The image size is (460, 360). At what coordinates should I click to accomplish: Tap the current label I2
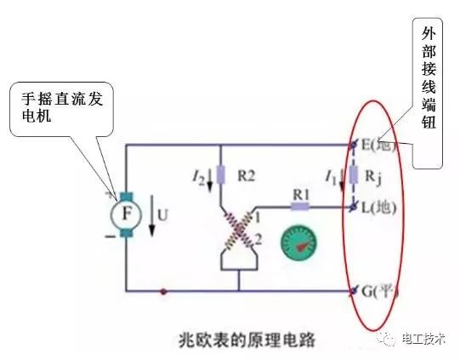tap(198, 177)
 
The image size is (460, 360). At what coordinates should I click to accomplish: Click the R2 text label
tap(246, 176)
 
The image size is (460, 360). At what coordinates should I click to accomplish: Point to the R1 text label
tap(300, 192)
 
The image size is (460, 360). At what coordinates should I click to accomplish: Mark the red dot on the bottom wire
tap(164, 291)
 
